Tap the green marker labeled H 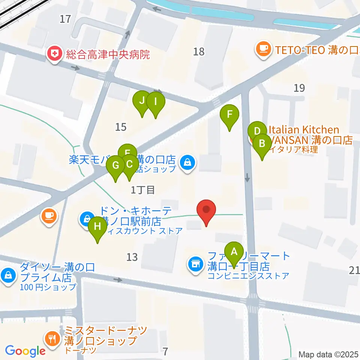click(x=97, y=227)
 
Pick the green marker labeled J click(x=142, y=101)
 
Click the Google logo click(x=25, y=351)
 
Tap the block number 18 click(x=199, y=51)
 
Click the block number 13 click(x=132, y=257)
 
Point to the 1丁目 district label click(x=143, y=190)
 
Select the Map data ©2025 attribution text click(x=328, y=354)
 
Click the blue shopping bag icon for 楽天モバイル click(x=186, y=162)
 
